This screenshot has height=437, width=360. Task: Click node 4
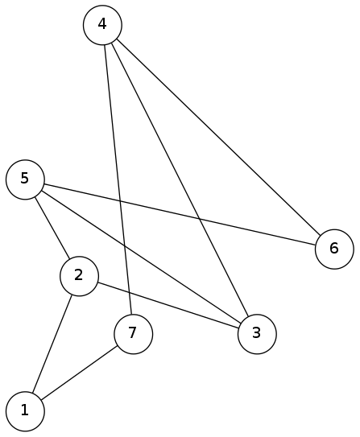(102, 25)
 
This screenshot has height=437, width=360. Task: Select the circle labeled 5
(25, 179)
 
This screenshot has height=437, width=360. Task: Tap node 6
(334, 249)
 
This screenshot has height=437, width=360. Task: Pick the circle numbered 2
(79, 276)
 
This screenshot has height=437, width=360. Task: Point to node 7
(134, 334)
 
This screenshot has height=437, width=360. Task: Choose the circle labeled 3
(257, 334)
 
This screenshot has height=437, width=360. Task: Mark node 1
(25, 411)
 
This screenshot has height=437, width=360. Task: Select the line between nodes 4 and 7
(118, 179)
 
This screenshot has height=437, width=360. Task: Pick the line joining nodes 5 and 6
(180, 214)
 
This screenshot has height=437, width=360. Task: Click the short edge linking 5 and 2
(52, 228)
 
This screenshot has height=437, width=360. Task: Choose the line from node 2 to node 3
(168, 305)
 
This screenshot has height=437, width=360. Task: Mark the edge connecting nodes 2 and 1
(52, 344)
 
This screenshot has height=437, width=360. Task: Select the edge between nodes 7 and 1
(79, 373)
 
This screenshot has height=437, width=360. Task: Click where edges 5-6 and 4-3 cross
(199, 219)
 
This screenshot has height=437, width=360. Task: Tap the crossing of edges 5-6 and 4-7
(121, 200)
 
